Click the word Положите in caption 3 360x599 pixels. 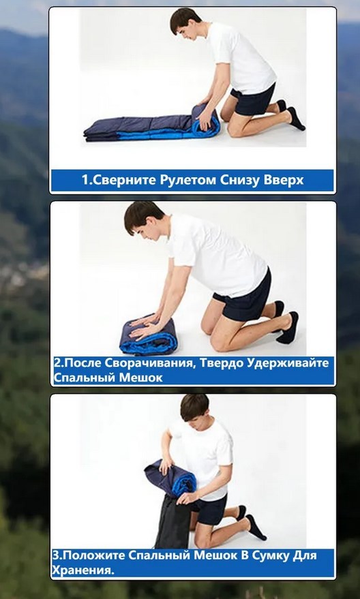tap(92, 555)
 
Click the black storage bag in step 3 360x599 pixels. tap(173, 521)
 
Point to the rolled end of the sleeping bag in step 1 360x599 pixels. tap(207, 120)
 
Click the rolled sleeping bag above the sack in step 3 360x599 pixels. tap(170, 478)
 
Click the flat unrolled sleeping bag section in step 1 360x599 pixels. tap(138, 129)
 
